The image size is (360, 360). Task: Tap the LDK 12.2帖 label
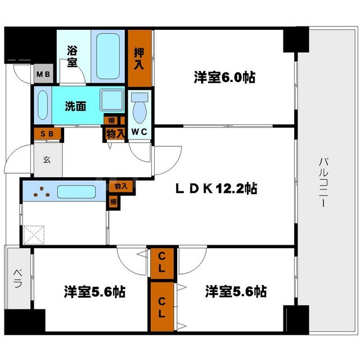click(x=215, y=189)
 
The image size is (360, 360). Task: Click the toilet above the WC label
click(x=138, y=104)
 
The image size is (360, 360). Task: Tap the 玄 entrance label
click(x=46, y=159)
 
